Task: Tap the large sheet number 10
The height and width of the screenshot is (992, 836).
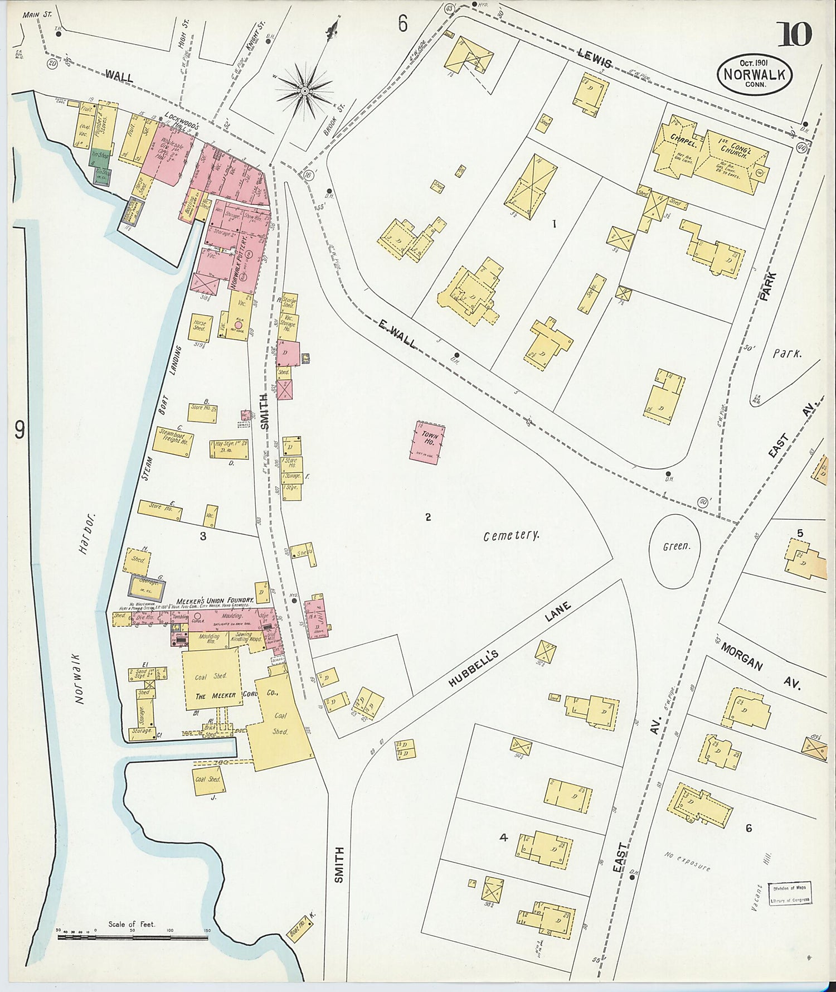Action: coord(794,35)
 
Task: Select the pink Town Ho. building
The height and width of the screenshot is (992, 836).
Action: coord(429,442)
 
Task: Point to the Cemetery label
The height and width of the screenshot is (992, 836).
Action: coord(511,536)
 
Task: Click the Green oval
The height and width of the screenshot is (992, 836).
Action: coord(675,550)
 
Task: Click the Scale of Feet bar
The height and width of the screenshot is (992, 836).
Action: coord(133,937)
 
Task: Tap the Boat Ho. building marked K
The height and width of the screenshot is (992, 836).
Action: coord(299,928)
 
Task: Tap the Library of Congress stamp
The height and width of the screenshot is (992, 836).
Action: coord(790,892)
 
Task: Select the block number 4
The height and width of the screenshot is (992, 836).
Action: coord(503,837)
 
